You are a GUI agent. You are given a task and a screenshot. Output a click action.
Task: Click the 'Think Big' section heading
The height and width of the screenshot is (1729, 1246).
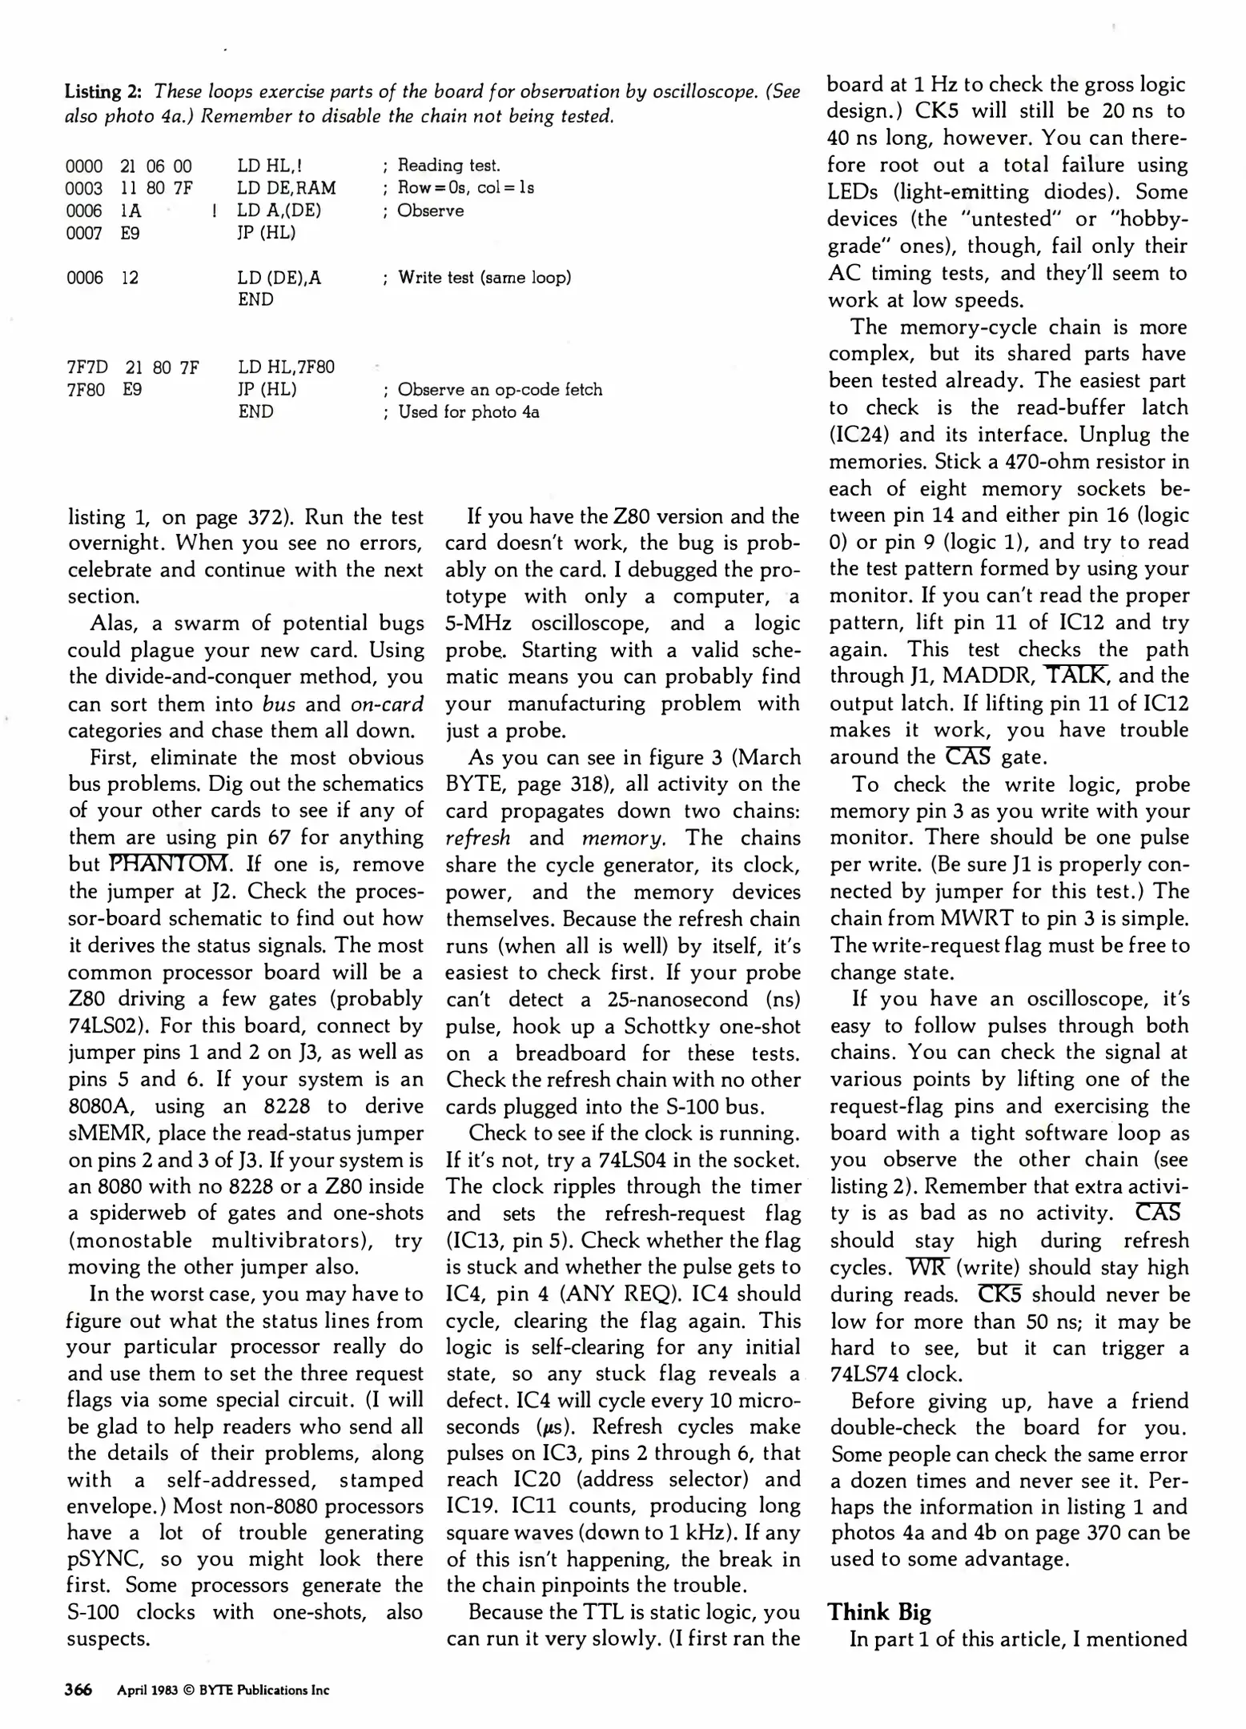point(879,1611)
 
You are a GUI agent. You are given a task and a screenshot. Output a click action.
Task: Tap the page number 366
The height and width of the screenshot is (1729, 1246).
point(79,1690)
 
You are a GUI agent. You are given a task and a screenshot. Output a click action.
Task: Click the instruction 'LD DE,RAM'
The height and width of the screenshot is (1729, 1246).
point(286,188)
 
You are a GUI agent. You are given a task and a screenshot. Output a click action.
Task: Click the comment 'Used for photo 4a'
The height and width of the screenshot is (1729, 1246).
point(468,412)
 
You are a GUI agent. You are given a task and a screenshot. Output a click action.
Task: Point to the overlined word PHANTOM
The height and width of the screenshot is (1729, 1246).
point(170,864)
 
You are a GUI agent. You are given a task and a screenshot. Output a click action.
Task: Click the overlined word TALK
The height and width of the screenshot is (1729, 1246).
point(1077,676)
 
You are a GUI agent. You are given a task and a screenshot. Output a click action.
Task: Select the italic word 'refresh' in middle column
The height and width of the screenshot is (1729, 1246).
point(478,838)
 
